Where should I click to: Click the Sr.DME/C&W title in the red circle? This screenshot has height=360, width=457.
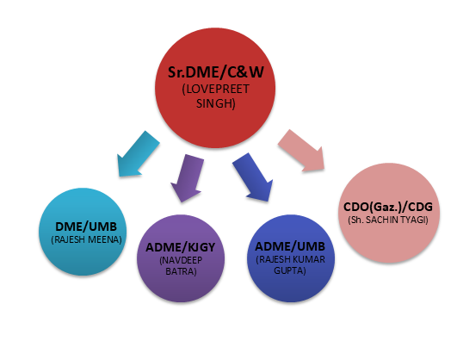(216, 72)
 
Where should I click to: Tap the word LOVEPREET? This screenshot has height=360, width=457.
(218, 89)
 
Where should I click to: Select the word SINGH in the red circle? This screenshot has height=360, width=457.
(214, 103)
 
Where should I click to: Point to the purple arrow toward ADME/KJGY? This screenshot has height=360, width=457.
(188, 178)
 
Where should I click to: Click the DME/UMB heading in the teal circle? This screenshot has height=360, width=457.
(86, 227)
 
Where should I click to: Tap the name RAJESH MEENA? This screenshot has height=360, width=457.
(87, 239)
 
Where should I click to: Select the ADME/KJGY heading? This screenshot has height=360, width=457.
(181, 247)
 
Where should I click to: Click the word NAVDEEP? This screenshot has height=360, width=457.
(182, 260)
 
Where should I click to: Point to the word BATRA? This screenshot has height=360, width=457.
(180, 271)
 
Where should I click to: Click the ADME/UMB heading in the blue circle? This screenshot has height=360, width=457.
(290, 246)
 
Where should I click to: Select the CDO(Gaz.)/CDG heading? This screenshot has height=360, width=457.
(388, 207)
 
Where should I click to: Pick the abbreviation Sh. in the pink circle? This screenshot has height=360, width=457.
(357, 220)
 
